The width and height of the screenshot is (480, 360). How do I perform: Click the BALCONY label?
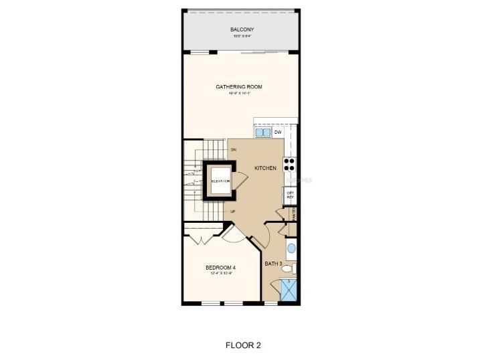tap(242, 29)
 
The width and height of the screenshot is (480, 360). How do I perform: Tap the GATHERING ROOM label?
tap(238, 87)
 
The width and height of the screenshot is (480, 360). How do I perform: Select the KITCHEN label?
tap(265, 168)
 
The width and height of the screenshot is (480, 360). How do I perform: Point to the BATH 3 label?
tap(272, 264)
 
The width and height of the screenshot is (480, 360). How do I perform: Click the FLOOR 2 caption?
tap(242, 345)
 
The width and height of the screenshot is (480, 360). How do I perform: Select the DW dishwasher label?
tap(278, 132)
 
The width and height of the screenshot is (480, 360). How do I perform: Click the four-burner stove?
tap(290, 164)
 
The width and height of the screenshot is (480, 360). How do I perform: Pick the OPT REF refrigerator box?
tap(291, 195)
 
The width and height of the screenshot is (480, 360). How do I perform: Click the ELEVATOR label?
tap(220, 181)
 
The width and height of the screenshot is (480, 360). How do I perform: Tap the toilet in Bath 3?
tap(288, 269)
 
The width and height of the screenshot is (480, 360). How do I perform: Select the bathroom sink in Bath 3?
tap(291, 251)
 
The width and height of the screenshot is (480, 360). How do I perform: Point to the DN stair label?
tap(234, 149)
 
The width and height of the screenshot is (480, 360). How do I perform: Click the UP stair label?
tap(233, 212)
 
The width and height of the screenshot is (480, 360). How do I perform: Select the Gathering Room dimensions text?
tap(239, 93)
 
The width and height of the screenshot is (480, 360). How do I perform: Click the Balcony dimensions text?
tap(241, 35)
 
